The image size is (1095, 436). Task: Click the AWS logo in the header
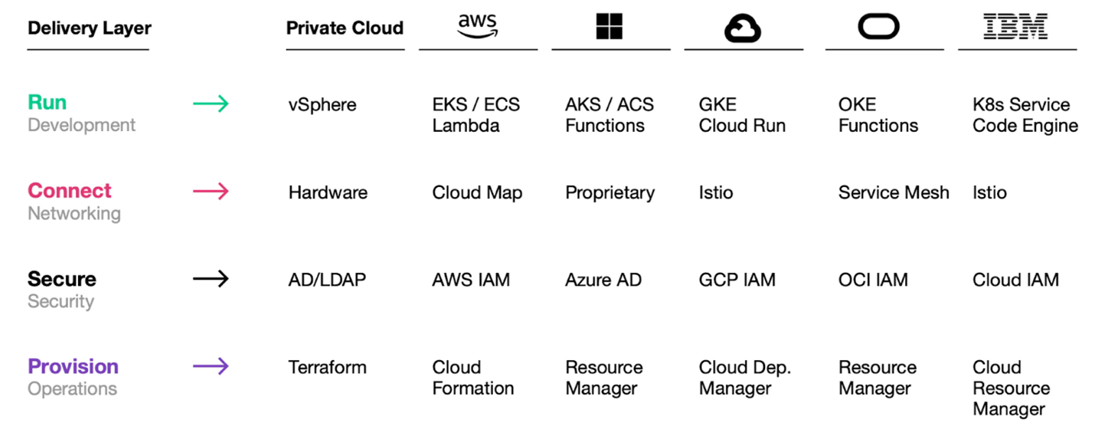(x=478, y=26)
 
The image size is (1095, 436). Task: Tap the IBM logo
(x=1015, y=26)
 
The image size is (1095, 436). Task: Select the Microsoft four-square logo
(x=609, y=26)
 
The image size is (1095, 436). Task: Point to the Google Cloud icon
(x=743, y=28)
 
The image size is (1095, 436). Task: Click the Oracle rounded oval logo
(x=878, y=26)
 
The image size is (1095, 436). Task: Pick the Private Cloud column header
(x=345, y=28)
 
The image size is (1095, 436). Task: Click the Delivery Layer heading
(x=90, y=28)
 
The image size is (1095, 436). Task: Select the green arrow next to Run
(x=211, y=103)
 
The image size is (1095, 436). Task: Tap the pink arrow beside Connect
(x=211, y=191)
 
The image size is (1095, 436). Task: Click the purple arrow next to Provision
(x=211, y=366)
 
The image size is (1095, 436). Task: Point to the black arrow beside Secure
(x=211, y=279)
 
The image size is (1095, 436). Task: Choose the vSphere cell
(x=322, y=105)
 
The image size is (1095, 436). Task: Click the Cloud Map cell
(x=477, y=193)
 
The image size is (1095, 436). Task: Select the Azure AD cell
(x=603, y=280)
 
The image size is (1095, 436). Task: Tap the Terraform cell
(x=327, y=368)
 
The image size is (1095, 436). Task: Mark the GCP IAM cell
(x=737, y=280)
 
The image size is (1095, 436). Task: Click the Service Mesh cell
(x=894, y=193)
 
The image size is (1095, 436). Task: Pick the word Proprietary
(x=610, y=193)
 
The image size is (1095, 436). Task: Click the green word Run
(x=47, y=102)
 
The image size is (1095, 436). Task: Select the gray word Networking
(x=74, y=214)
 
